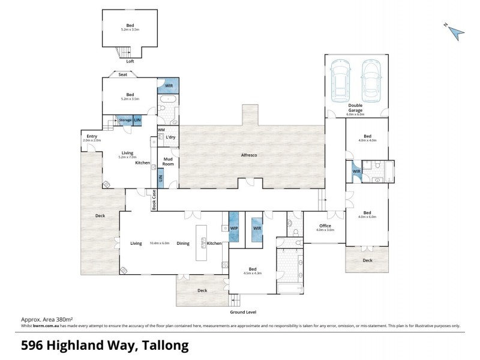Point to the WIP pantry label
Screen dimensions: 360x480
tap(234, 229)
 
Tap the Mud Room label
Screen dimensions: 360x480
tap(168, 162)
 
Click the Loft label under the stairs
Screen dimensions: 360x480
tap(130, 61)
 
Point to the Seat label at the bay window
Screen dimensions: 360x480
tap(122, 75)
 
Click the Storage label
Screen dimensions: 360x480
tap(125, 120)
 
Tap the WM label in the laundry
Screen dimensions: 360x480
tap(161, 130)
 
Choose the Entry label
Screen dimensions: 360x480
tap(91, 136)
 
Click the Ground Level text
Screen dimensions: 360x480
tap(243, 313)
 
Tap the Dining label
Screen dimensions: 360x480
tap(184, 243)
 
